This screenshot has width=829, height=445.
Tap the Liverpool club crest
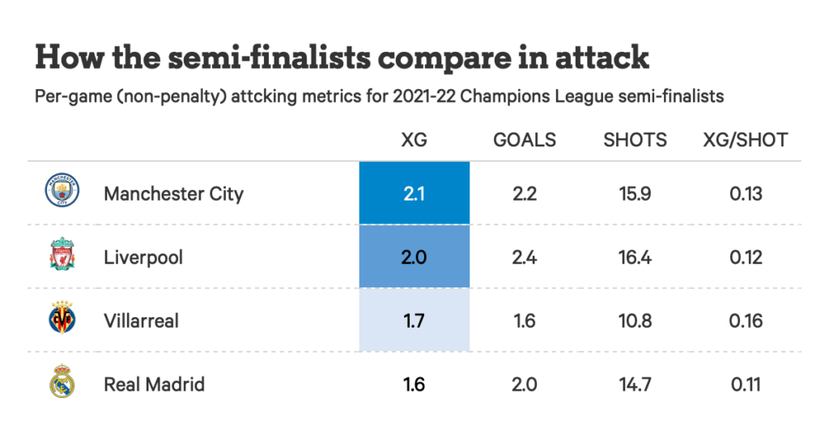62,256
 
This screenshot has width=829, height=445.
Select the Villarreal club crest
62,320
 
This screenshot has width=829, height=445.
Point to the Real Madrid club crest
62,384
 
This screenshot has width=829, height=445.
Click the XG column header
414,140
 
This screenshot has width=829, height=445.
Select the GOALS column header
525,140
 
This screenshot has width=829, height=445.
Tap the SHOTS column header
635,140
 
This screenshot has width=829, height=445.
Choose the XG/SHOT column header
745,140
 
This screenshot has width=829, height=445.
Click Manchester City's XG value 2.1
414,194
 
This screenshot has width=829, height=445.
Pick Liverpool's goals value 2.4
525,257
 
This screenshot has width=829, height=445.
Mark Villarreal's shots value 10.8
635,321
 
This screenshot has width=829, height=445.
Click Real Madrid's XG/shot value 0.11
745,384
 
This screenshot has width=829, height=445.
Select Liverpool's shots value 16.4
635,257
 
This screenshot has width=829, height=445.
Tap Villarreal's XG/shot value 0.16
745,321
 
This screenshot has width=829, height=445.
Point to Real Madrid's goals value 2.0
525,384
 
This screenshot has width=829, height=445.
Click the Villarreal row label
141,321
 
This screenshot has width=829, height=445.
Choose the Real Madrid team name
154,384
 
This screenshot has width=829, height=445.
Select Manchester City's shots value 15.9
635,194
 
